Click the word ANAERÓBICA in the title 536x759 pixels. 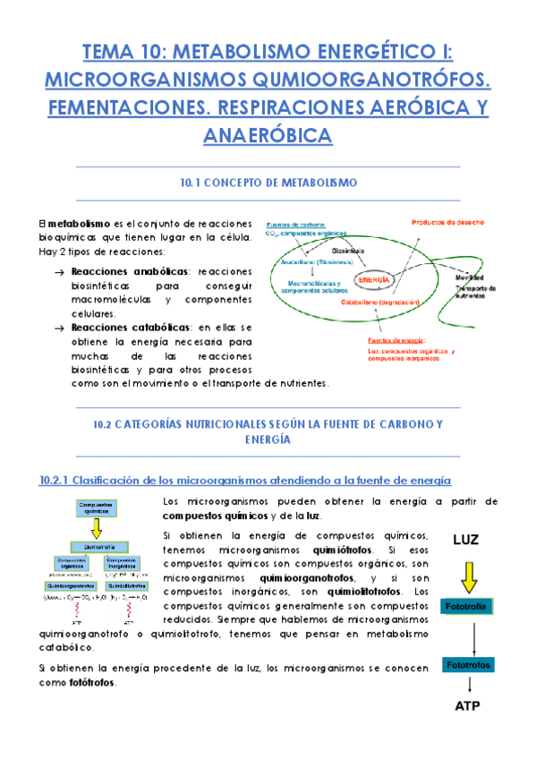pos(268,135)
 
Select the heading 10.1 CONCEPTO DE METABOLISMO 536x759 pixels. pos(268,183)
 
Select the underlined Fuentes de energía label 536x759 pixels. pos(398,341)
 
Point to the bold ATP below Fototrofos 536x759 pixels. pos(467,705)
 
